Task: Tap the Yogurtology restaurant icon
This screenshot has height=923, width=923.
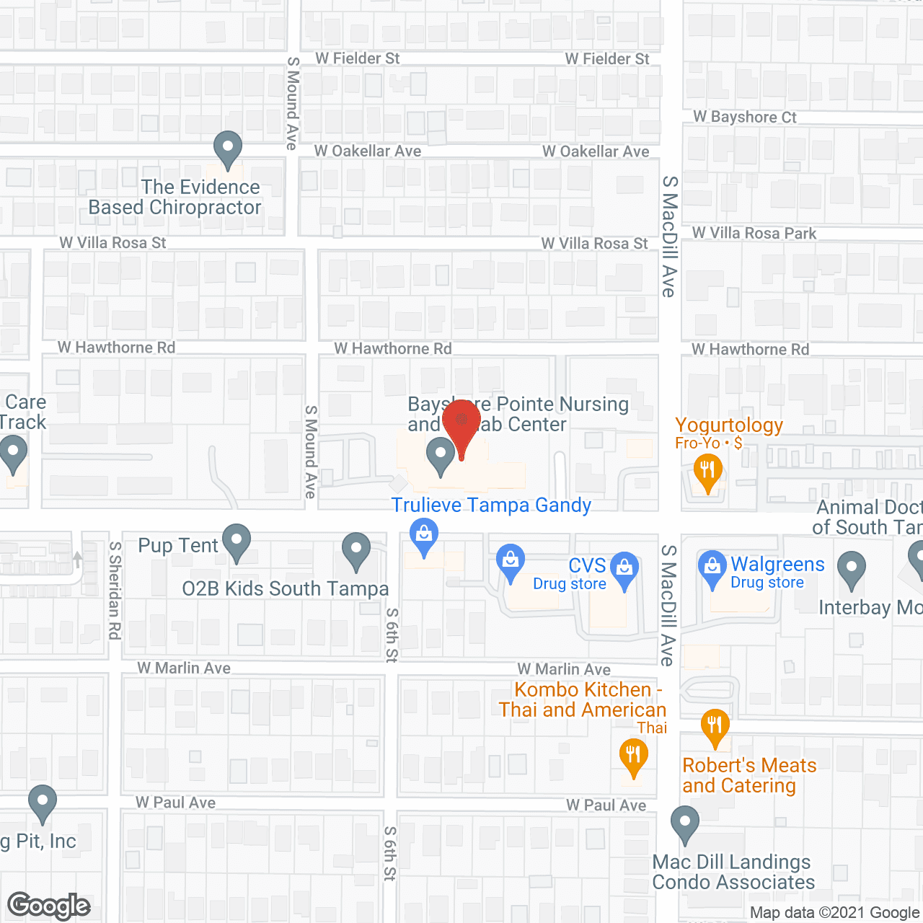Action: click(x=707, y=472)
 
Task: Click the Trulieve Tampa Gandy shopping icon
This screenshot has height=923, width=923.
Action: click(x=424, y=535)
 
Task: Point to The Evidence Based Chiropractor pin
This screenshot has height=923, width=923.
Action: click(x=228, y=149)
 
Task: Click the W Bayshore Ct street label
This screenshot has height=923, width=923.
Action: click(x=745, y=117)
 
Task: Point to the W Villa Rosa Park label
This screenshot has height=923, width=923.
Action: click(x=754, y=233)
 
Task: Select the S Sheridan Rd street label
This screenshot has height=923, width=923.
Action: click(x=115, y=590)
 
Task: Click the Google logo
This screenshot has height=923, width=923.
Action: click(x=49, y=906)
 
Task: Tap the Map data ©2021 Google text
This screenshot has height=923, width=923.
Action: click(x=835, y=913)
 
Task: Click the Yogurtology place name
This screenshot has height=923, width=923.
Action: click(x=729, y=425)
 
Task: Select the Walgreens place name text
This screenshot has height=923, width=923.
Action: click(x=777, y=564)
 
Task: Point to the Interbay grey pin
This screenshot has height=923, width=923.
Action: click(x=852, y=569)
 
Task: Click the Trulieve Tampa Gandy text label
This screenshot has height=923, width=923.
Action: click(x=491, y=505)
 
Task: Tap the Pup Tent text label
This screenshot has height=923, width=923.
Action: click(x=177, y=545)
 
